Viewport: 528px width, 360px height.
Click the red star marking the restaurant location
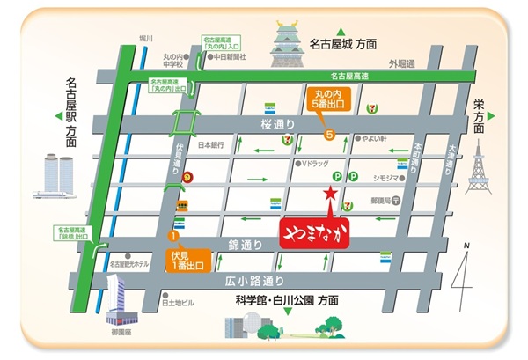330,192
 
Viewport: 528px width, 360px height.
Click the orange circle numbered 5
329,135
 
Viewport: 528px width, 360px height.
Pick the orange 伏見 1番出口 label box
189,259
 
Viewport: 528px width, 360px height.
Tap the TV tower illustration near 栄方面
477,167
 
